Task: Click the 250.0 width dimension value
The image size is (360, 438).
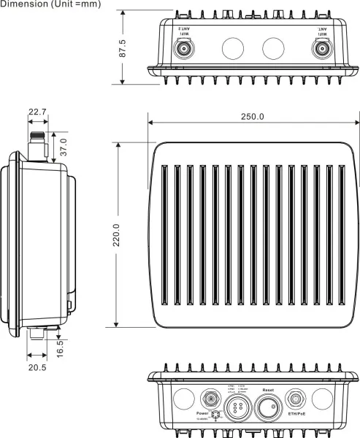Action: pyautogui.click(x=252, y=117)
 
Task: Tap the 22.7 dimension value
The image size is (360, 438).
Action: pyautogui.click(x=37, y=112)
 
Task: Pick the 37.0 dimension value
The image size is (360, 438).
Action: pyautogui.click(x=63, y=146)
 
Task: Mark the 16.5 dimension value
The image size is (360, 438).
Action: pyautogui.click(x=60, y=344)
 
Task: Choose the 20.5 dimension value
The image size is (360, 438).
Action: pyautogui.click(x=37, y=368)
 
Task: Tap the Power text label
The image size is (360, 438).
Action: pyautogui.click(x=202, y=413)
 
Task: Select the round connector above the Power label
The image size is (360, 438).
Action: pyautogui.click(x=207, y=399)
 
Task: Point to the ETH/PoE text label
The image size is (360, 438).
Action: pyautogui.click(x=296, y=414)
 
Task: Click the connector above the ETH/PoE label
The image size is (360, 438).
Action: pyautogui.click(x=296, y=399)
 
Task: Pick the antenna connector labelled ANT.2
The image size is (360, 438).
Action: pyautogui.click(x=180, y=49)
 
